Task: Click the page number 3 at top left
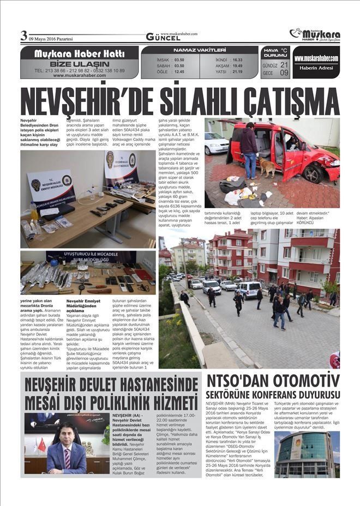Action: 23,36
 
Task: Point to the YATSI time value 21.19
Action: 237,71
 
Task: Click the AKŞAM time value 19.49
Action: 237,65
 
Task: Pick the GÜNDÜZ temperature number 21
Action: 284,65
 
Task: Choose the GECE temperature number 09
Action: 284,73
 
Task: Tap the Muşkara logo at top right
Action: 315,35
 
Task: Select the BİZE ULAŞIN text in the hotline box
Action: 80,64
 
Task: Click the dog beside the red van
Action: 267,167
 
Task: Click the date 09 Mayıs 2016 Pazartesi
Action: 52,39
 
